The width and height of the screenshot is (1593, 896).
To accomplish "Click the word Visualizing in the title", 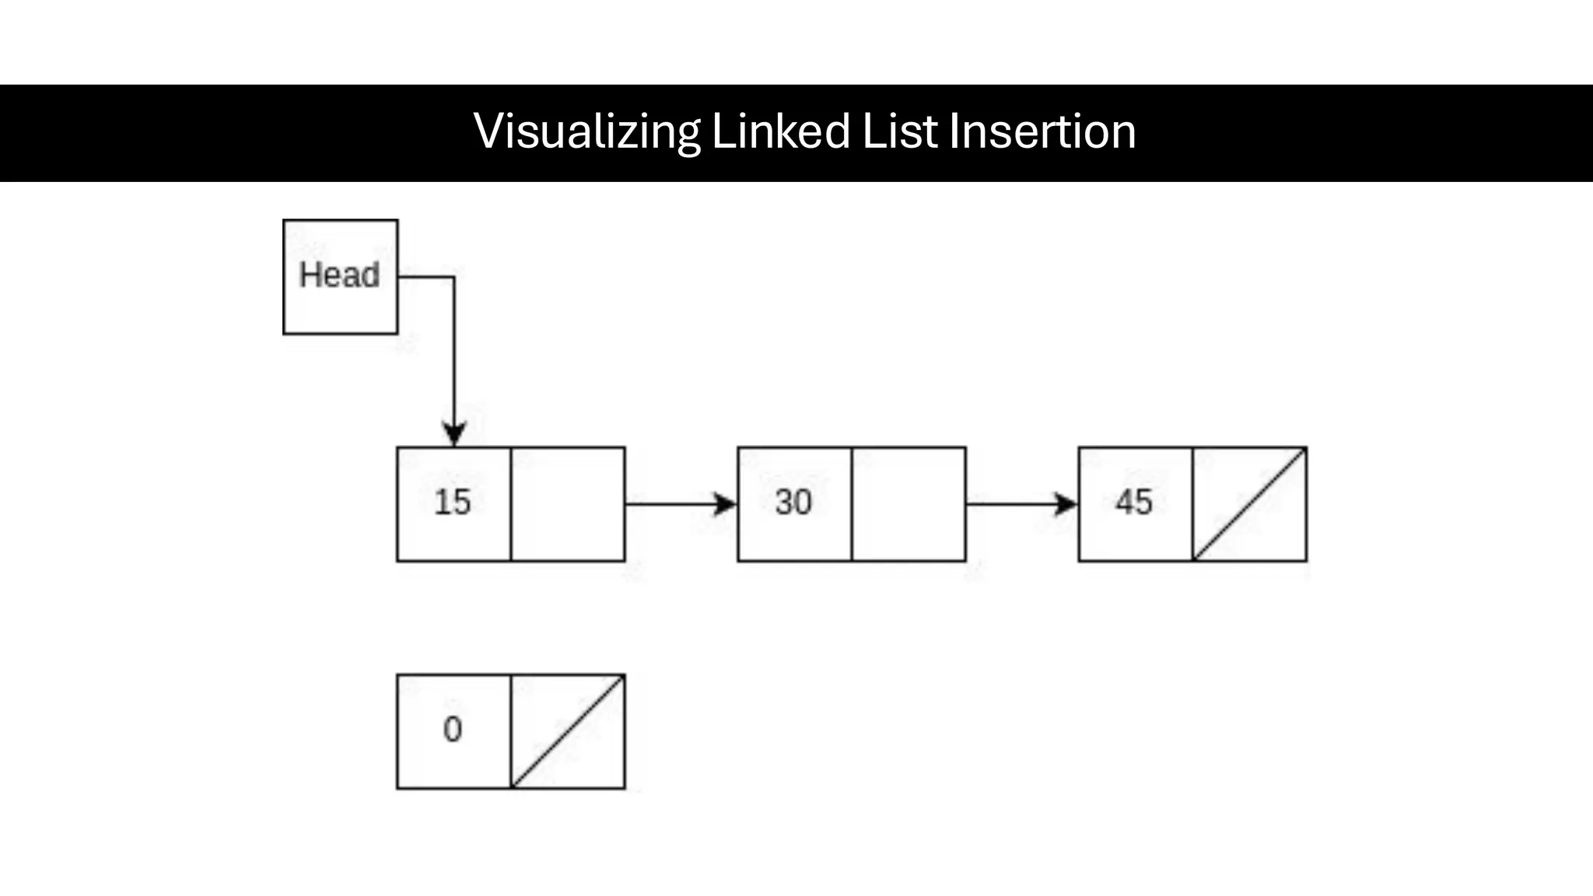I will (586, 131).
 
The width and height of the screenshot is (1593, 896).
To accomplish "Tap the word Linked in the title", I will (780, 131).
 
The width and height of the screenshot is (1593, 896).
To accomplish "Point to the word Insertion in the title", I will (1042, 131).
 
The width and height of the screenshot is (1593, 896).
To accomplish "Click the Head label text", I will (340, 275).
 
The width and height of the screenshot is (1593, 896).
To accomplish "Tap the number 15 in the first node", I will (453, 502).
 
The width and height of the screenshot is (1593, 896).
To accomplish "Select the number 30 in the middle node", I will (793, 502).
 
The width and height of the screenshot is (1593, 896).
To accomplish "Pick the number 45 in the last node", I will (1134, 502).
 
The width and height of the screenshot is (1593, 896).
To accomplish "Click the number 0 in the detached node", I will (453, 730).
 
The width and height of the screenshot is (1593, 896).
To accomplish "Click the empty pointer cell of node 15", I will (568, 504).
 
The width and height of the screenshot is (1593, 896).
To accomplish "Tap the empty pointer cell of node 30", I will (909, 504).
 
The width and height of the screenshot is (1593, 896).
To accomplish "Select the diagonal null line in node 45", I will (1249, 504).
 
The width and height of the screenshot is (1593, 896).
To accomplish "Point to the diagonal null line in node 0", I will (568, 732).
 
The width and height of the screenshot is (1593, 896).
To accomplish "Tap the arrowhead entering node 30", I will (725, 504).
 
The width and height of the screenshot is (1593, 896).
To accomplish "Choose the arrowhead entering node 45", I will (1066, 504).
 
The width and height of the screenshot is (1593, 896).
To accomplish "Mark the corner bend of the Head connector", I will (454, 277).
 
